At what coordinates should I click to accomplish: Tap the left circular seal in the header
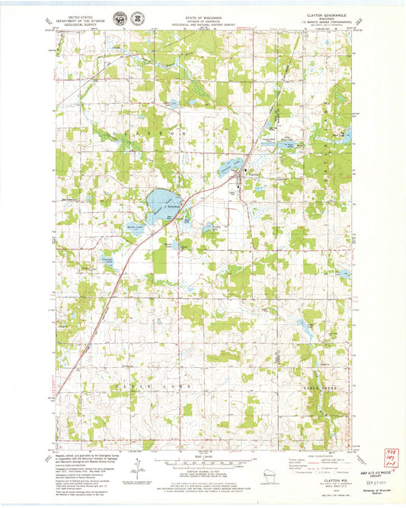coord(119,19)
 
